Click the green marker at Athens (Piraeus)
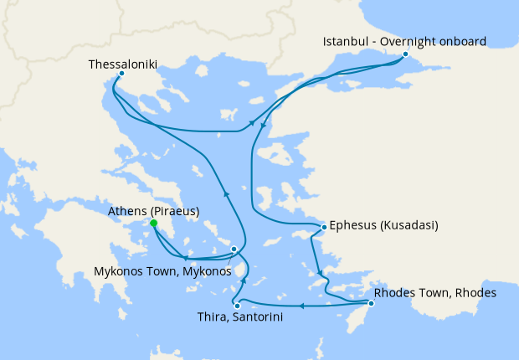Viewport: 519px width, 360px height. pos(153,224)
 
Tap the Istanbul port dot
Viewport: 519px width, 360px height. pos(405,54)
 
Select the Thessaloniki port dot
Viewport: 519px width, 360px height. pos(122,74)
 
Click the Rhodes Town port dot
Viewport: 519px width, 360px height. pos(371,303)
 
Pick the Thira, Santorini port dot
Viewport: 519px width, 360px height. pos(238,306)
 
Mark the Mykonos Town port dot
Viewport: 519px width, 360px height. pos(234,249)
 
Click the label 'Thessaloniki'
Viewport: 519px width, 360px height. pos(122,63)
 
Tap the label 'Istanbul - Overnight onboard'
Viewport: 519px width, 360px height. pos(405,41)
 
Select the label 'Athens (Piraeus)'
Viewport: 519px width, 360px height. pos(153,211)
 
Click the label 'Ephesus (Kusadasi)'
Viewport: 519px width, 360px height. pos(384,225)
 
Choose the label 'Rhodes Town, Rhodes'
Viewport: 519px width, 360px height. pos(435,293)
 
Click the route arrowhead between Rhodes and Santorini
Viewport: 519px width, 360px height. pos(301,306)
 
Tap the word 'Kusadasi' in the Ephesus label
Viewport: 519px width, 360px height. pos(411,225)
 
